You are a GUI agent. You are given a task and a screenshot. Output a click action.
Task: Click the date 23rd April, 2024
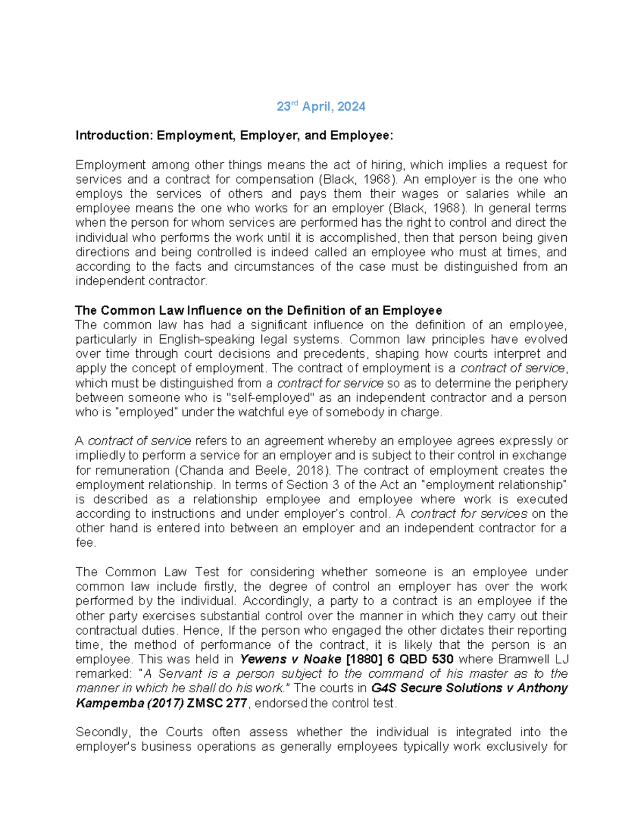pyautogui.click(x=321, y=107)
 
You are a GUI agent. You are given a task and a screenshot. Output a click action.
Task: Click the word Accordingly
pyautogui.click(x=275, y=601)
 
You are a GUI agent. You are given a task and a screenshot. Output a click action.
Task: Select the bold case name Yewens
pyautogui.click(x=261, y=659)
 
